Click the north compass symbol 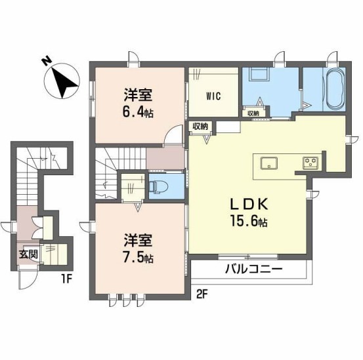(x=59, y=78)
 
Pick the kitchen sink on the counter (x=270, y=162)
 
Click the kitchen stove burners (x=310, y=161)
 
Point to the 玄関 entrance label (x=28, y=254)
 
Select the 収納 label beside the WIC (x=200, y=126)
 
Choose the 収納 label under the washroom (x=254, y=113)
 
